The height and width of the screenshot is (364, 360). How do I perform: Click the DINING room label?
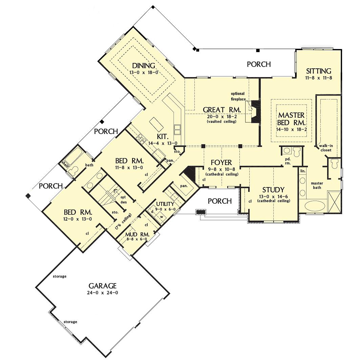144,66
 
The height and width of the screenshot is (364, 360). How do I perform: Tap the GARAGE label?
103,286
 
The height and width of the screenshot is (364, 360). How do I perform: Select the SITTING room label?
319,71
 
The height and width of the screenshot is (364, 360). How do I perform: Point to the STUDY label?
273,190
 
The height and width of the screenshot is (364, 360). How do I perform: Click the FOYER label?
221,162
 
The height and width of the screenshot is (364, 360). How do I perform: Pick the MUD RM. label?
137,234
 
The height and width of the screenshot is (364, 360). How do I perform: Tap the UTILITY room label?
165,204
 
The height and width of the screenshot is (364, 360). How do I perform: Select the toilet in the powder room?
297,152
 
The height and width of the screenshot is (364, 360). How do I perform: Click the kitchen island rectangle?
156,124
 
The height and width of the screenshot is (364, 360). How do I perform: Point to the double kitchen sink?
177,130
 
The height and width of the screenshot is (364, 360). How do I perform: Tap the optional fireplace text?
238,96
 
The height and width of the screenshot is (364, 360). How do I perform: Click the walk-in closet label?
326,148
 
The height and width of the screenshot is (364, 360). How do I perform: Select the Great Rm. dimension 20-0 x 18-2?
222,116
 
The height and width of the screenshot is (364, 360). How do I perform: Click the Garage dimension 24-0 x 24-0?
103,293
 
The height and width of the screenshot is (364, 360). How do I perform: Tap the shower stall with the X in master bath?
335,202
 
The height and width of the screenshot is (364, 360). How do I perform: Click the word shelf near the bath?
64,163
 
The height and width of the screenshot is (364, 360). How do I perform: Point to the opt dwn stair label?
123,200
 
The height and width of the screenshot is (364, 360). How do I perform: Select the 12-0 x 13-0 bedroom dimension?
78,219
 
